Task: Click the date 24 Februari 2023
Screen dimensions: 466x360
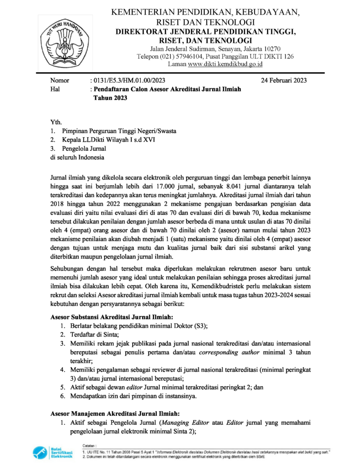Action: [x=284, y=81]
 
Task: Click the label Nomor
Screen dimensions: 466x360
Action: [x=60, y=81]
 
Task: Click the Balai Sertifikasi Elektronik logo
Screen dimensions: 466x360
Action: [x=52, y=453]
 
